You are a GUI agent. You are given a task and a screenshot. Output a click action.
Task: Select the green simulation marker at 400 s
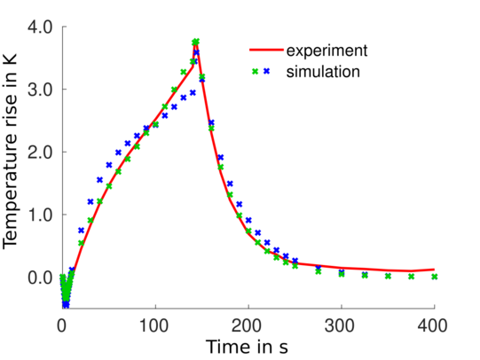point(434,277)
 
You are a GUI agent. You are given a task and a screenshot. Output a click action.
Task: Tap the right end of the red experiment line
point(434,269)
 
